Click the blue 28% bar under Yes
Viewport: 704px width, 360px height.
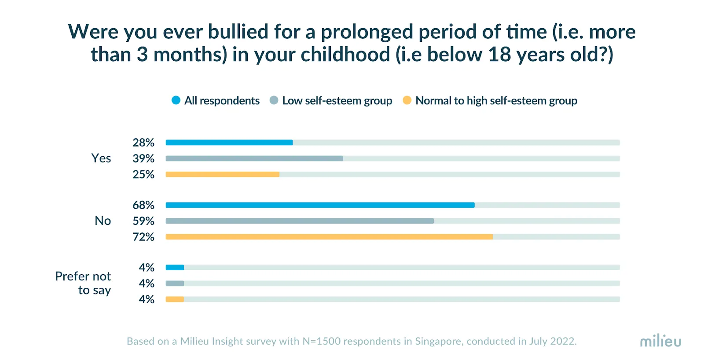pyautogui.click(x=229, y=143)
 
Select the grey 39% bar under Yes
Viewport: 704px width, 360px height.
pyautogui.click(x=254, y=158)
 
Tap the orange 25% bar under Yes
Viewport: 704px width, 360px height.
pyautogui.click(x=222, y=174)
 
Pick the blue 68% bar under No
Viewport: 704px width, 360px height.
pyautogui.click(x=320, y=205)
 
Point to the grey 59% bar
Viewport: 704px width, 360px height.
pyautogui.click(x=299, y=221)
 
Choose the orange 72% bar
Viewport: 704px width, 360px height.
pyautogui.click(x=329, y=237)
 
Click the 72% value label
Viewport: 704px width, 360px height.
pyautogui.click(x=143, y=237)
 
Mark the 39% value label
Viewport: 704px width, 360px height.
pyautogui.click(x=143, y=158)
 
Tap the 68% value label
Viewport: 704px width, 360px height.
pyautogui.click(x=143, y=205)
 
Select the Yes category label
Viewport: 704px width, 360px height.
pyautogui.click(x=101, y=158)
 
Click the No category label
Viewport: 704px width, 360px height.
pyautogui.click(x=103, y=221)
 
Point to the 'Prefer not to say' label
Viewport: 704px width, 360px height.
pyautogui.click(x=84, y=283)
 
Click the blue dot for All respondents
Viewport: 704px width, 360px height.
pyautogui.click(x=176, y=100)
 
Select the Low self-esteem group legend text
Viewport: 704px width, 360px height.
pyautogui.click(x=337, y=101)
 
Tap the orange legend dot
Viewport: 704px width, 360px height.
pyautogui.click(x=407, y=100)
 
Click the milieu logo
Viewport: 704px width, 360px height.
pyautogui.click(x=660, y=341)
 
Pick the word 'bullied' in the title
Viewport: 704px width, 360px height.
pyautogui.click(x=238, y=32)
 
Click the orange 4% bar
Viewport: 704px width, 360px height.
pyautogui.click(x=175, y=299)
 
